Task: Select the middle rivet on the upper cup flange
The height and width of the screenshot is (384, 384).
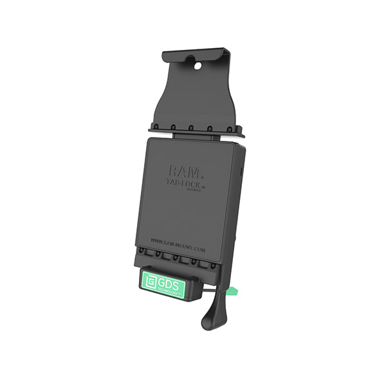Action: (x=191, y=127)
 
